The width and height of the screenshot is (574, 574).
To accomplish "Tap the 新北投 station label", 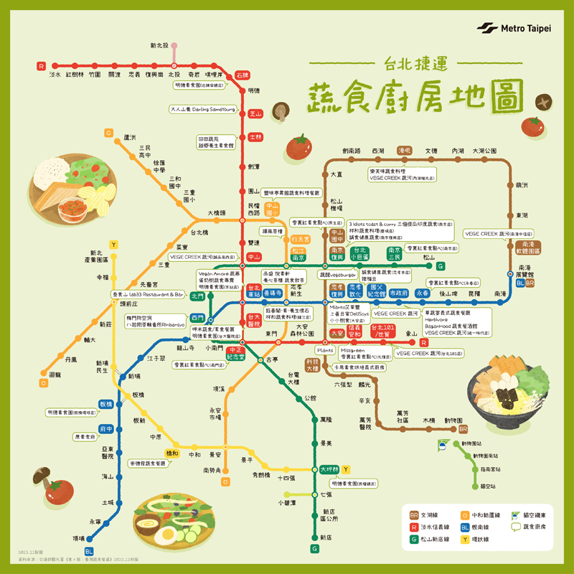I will [159, 46].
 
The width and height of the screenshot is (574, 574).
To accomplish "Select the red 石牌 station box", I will [242, 74].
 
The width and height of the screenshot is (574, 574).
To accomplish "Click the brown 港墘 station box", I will [404, 151].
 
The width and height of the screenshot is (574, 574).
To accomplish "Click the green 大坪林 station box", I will [330, 469].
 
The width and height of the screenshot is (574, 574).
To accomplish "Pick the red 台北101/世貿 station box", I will [383, 331].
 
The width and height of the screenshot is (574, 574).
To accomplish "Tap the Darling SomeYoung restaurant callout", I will [203, 110].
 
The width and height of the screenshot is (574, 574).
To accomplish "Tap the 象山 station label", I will [411, 334].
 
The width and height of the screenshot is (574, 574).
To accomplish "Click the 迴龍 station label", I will [34, 375].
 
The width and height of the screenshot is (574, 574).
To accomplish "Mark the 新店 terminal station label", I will [326, 537].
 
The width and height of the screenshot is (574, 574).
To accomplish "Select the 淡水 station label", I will [55, 74].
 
